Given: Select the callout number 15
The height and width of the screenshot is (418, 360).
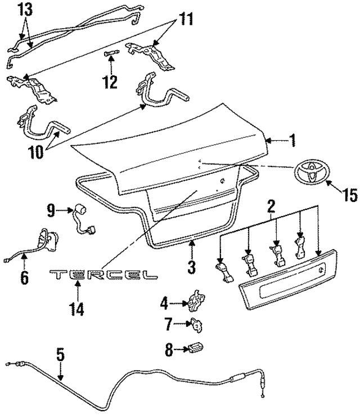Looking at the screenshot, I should pyautogui.click(x=349, y=195).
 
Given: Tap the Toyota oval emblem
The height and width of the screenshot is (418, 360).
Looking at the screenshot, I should pyautogui.click(x=309, y=173).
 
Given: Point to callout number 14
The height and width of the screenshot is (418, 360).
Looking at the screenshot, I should pyautogui.click(x=76, y=309).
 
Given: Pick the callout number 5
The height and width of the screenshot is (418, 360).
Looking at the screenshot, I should pyautogui.click(x=60, y=356).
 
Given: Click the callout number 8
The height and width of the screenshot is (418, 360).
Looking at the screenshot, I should pyautogui.click(x=169, y=349).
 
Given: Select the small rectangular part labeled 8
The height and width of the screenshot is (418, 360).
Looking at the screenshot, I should pyautogui.click(x=195, y=348).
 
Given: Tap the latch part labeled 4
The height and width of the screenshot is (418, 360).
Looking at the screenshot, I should pyautogui.click(x=195, y=303).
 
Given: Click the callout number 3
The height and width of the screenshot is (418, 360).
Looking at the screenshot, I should pyautogui.click(x=191, y=266).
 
